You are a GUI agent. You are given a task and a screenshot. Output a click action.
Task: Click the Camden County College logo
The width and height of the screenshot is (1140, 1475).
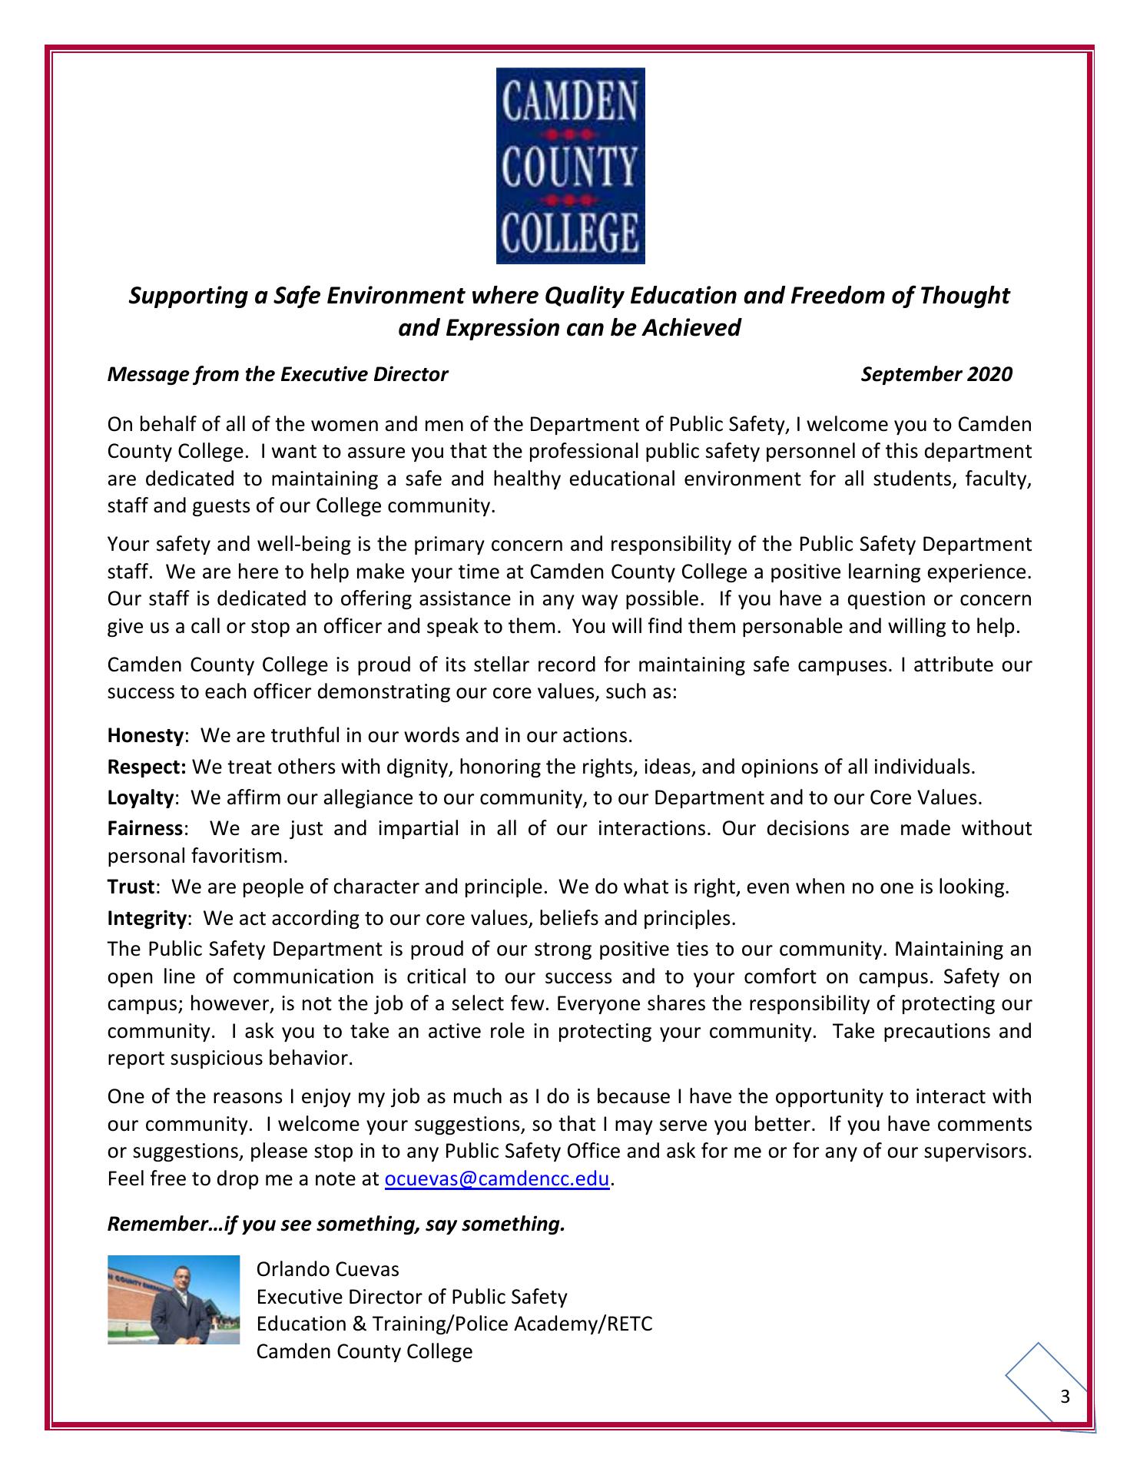[x=570, y=165]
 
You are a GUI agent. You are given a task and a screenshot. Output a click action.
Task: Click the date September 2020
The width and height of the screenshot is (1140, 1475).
[x=936, y=375]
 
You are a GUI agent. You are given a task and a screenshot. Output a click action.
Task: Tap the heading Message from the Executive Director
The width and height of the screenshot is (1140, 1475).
[x=277, y=375]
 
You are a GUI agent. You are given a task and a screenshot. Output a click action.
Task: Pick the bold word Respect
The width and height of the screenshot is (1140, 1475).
[x=147, y=767]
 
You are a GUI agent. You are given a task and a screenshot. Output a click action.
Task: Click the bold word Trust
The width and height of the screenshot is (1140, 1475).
[x=131, y=887]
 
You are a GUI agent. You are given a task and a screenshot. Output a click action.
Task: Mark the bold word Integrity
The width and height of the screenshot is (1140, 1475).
[x=147, y=918]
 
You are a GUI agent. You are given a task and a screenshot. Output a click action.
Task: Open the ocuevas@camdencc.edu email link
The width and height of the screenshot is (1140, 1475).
[x=496, y=1179]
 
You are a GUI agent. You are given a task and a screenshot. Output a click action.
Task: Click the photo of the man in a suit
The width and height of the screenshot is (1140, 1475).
[x=174, y=1300]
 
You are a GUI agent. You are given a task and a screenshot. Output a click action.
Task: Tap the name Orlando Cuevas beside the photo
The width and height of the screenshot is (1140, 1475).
[x=328, y=1269]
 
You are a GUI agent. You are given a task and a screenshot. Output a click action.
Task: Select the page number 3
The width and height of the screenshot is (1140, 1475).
[x=1065, y=1397]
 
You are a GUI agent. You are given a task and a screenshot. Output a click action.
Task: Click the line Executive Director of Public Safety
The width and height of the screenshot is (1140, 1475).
[x=412, y=1297]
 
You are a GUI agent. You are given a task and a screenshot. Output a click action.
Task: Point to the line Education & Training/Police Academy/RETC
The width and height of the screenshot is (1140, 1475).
[x=454, y=1324]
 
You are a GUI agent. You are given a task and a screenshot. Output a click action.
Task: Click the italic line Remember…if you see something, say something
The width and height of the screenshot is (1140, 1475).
[x=336, y=1224]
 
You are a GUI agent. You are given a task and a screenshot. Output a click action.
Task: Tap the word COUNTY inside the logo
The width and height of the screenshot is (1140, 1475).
[x=570, y=165]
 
